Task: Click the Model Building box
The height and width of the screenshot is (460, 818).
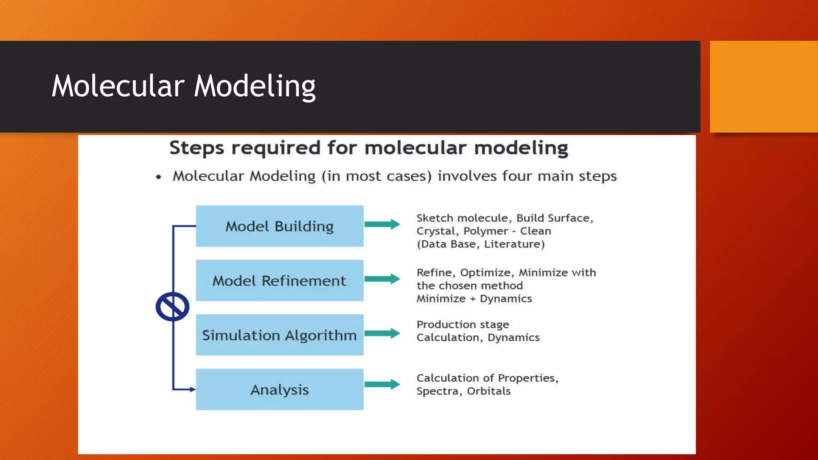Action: pos(280,226)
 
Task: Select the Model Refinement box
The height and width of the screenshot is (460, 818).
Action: pos(280,280)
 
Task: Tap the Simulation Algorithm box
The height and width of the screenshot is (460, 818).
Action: pos(280,335)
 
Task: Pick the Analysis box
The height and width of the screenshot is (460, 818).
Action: pos(280,389)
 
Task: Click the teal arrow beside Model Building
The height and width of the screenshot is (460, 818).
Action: pos(382,224)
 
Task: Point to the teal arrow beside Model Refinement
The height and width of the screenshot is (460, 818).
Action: pos(382,279)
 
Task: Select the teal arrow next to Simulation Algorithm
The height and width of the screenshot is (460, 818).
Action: pos(382,333)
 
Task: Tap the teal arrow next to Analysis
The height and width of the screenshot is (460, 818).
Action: pos(382,384)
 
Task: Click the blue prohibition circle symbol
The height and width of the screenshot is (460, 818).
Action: pos(173,307)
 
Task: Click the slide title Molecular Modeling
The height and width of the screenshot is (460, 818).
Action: pos(184,86)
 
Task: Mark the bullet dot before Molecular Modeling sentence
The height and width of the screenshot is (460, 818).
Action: pos(159,177)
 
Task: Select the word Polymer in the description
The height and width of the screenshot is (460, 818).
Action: pos(485,231)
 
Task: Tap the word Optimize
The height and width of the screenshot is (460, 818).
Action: pos(485,273)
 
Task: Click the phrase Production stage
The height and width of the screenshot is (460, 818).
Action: pos(463,324)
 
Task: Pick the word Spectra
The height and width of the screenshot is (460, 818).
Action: pos(437,391)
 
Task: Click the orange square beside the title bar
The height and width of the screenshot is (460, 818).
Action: pos(764,87)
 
